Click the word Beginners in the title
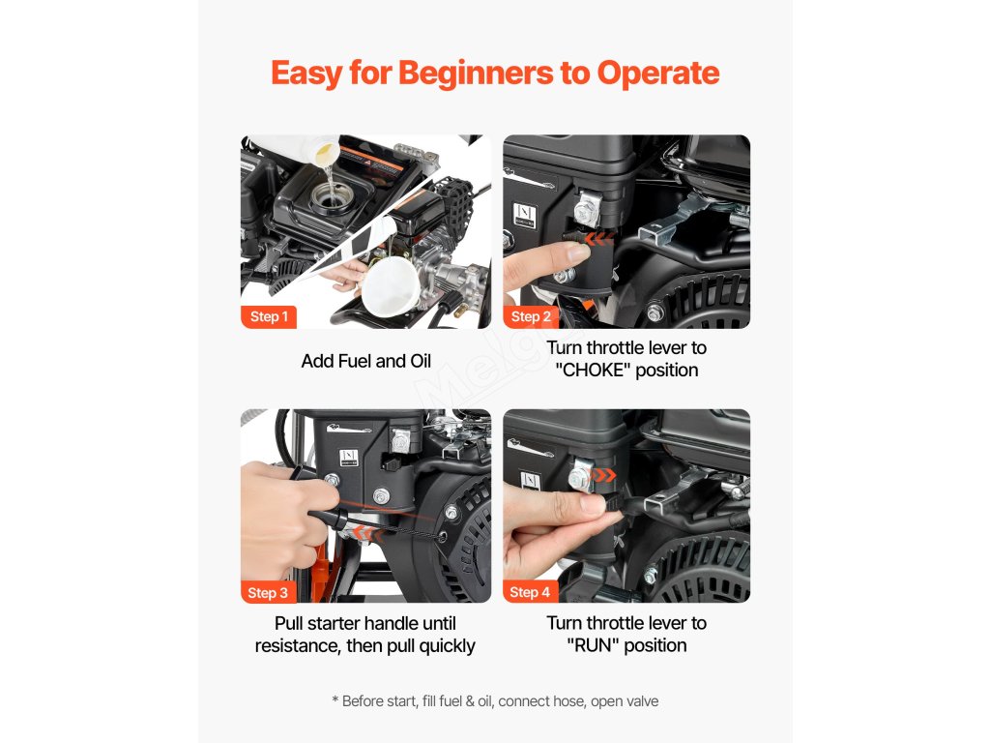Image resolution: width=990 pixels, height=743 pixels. [x=476, y=74]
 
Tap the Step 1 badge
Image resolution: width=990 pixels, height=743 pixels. [x=269, y=316]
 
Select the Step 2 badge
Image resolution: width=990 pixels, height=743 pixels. [x=531, y=316]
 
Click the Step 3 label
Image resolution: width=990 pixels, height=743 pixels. [x=268, y=592]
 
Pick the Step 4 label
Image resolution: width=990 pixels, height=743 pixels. [x=530, y=592]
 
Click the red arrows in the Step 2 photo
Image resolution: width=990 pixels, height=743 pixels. [x=598, y=239]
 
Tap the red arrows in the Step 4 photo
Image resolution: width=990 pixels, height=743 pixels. [x=603, y=475]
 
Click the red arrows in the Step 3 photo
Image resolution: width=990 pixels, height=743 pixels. [x=367, y=534]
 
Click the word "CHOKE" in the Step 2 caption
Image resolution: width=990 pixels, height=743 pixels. [x=593, y=371]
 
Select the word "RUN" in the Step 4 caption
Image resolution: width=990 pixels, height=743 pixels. [x=594, y=645]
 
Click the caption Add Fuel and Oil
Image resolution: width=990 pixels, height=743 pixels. [x=366, y=361]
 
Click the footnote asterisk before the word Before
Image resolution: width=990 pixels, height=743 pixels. [x=335, y=700]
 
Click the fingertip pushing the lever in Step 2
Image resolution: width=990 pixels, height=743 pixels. [x=578, y=253]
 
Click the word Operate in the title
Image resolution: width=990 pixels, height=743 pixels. [x=657, y=74]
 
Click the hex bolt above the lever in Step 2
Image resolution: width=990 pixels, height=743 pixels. [x=587, y=209]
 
